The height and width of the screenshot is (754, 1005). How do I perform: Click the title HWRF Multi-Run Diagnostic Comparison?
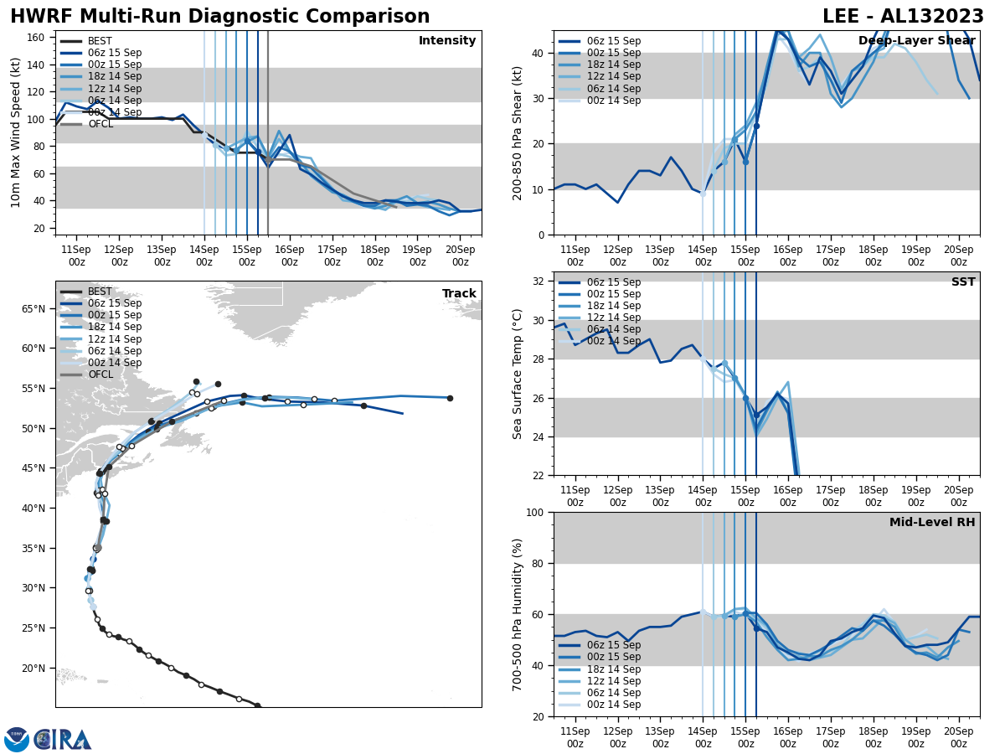pos(219,17)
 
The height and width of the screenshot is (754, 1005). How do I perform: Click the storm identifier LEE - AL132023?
pos(903,17)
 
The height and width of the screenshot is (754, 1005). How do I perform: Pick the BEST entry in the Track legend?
pos(100,292)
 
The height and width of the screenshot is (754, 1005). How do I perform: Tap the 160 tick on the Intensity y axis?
pos(38,38)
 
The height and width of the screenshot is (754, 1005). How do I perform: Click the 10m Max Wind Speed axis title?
pos(16,132)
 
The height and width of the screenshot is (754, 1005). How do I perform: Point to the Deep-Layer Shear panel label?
pos(916,41)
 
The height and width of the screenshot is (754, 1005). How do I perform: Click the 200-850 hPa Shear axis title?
pos(518,132)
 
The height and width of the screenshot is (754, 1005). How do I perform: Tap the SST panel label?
pos(963,282)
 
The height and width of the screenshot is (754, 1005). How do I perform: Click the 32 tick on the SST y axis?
pos(540,281)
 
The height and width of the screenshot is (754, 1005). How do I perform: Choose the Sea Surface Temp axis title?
pos(518,374)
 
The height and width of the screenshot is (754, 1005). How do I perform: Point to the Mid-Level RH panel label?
pos(932,523)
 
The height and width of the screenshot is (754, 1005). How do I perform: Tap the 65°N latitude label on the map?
pos(33,309)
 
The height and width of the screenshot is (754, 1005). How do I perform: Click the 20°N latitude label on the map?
pos(33,669)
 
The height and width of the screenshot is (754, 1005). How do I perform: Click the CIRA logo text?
pos(63,740)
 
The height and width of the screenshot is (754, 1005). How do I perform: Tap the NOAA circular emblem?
pos(16,740)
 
